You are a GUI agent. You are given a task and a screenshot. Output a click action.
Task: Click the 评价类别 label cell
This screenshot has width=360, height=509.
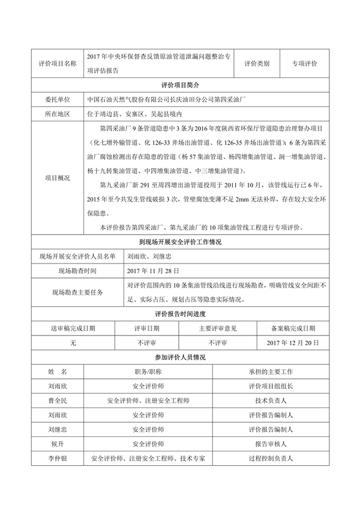(257, 64)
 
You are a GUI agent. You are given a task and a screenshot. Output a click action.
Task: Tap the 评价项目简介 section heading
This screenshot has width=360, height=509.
(179, 85)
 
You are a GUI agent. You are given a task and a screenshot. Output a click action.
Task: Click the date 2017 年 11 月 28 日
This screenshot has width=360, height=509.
(149, 271)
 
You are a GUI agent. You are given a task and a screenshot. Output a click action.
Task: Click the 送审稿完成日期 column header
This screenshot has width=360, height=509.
(73, 328)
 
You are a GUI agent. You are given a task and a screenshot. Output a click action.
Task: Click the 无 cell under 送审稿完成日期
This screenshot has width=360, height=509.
(73, 343)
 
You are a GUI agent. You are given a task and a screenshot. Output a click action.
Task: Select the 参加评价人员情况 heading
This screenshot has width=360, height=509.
(179, 357)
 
